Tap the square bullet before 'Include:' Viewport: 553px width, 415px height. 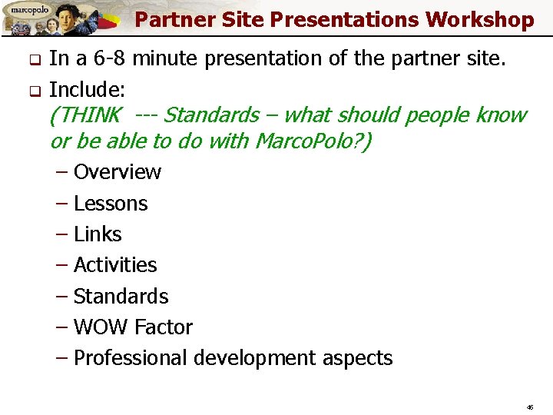point(33,88)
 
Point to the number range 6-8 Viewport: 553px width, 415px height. point(113,59)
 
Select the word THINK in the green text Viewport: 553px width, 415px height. point(85,115)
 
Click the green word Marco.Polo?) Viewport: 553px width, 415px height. point(313,141)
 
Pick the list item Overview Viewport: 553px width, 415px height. point(117,172)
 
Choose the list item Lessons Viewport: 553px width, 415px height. point(110,204)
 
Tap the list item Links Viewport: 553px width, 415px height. point(98,234)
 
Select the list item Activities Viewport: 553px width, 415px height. point(114,265)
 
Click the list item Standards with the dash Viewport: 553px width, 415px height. point(121,297)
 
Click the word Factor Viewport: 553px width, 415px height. point(164,327)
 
